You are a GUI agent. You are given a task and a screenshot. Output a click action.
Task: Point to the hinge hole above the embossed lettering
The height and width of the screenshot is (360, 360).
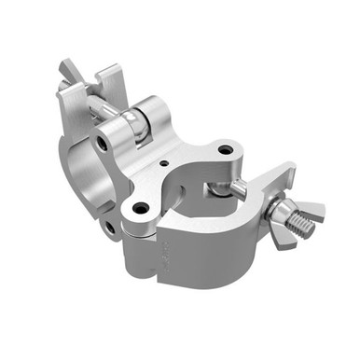pos(140,208)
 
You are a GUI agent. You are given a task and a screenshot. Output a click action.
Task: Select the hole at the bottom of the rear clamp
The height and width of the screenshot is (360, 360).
pos(110,226)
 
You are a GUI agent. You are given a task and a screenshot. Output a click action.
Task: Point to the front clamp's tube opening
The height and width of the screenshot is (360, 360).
pos(201,201)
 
